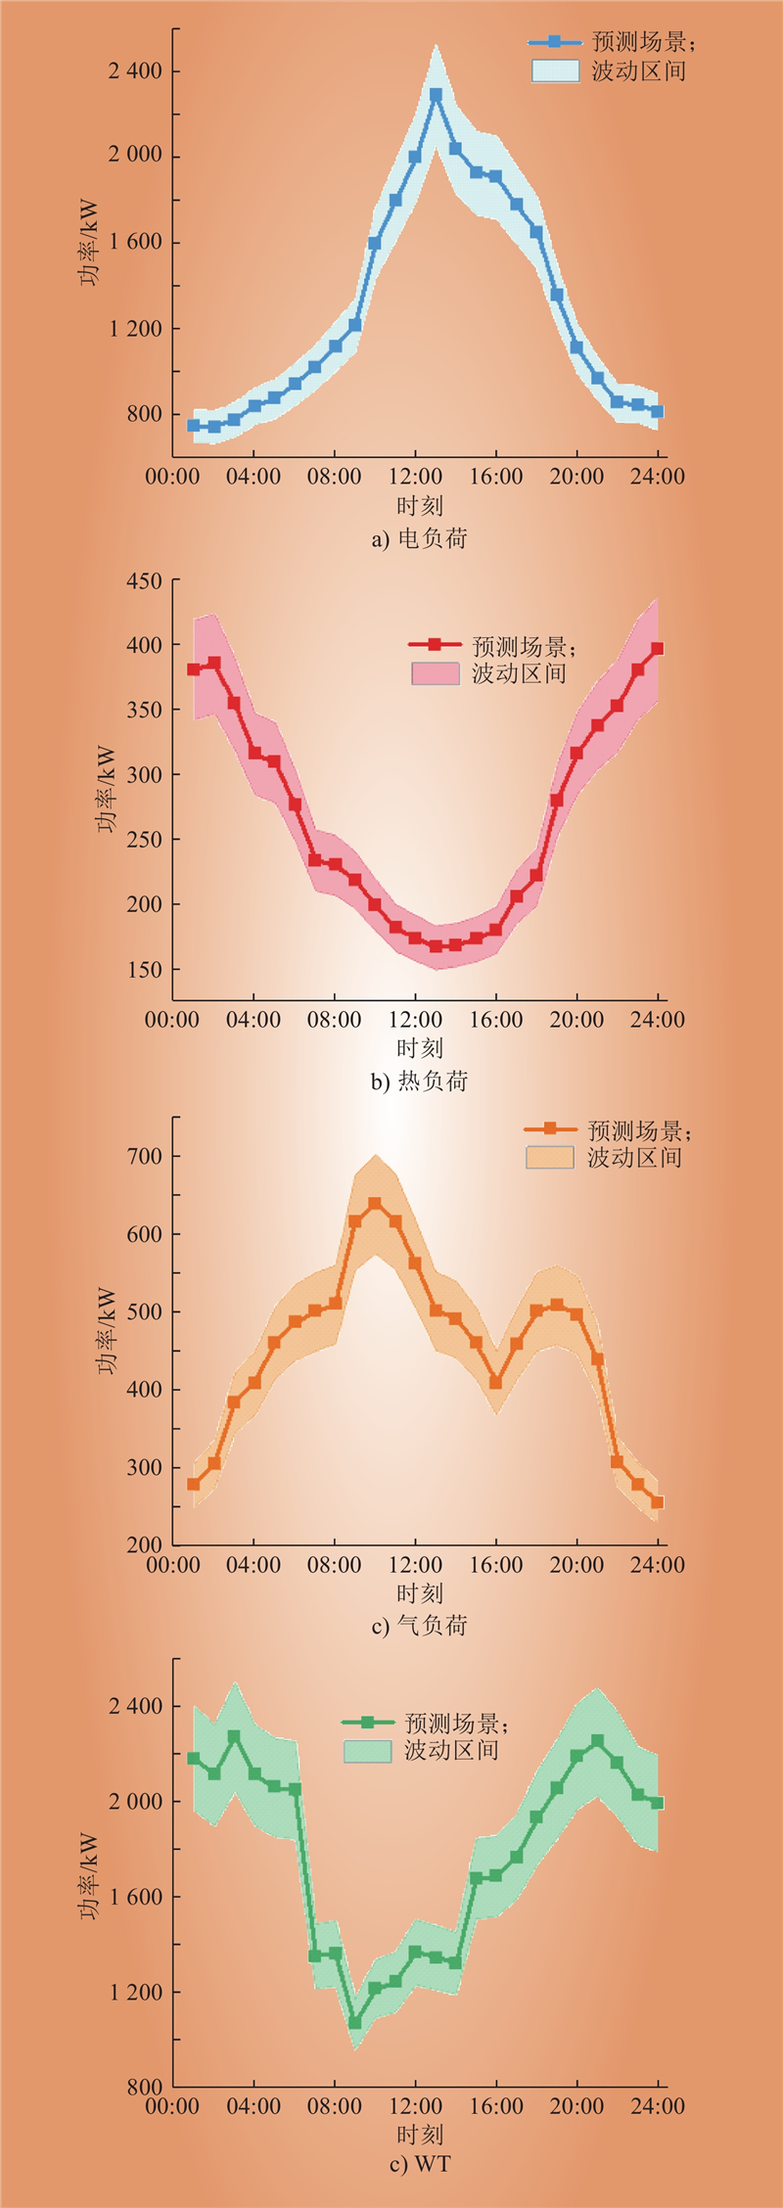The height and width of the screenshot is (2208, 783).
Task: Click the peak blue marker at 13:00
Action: point(436,95)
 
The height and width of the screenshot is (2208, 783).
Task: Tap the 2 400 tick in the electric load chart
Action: point(136,71)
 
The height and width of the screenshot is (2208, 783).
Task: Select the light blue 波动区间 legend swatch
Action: point(555,70)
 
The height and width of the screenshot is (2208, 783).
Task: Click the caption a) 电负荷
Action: point(419,538)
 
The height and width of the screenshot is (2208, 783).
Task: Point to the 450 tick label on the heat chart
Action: point(144,581)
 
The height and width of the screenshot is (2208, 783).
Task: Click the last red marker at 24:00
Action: point(658,648)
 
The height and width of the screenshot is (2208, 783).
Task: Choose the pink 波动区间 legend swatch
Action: point(436,673)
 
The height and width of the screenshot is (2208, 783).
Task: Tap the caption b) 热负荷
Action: point(419,1081)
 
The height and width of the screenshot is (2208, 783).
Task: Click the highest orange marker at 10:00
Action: point(375,1203)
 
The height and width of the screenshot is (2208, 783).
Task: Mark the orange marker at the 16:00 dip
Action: point(495,1383)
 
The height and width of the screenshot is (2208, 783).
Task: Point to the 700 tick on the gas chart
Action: point(144,1157)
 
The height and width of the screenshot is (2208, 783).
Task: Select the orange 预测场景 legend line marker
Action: point(550,1128)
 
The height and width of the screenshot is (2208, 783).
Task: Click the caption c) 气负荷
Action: point(419,1625)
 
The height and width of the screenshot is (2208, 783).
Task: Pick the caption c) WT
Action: point(419,2164)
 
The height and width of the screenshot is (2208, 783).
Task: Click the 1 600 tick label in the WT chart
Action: point(136,1897)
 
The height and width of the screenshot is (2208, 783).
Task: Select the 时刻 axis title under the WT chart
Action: point(419,2135)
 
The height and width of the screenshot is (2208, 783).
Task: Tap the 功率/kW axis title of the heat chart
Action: point(106,790)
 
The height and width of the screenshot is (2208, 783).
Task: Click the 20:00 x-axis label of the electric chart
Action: point(576,477)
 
